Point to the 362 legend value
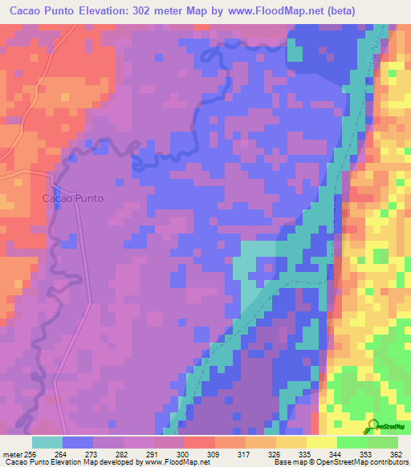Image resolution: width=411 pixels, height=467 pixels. coord(394,453)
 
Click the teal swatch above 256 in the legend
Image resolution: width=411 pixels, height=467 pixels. coord(47,442)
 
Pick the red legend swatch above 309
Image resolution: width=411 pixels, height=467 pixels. coord(199,442)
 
